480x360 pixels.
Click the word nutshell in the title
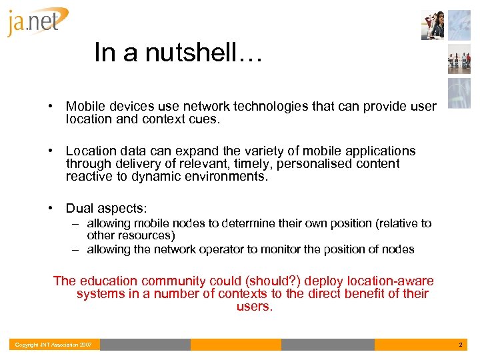coord(197,52)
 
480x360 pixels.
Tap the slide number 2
coord(460,345)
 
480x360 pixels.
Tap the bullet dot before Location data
coord(51,151)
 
